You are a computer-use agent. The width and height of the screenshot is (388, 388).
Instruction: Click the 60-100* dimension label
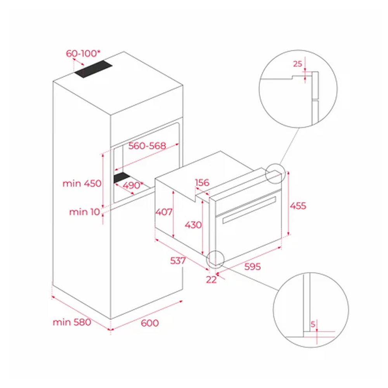pyautogui.click(x=83, y=54)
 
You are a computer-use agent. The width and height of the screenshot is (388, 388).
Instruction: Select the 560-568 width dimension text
pyautogui.click(x=147, y=146)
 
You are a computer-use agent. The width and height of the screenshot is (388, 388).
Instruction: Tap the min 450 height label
pyautogui.click(x=82, y=184)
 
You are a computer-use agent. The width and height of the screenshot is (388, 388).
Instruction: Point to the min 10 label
pyautogui.click(x=84, y=212)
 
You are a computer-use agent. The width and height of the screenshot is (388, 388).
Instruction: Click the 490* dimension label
pyautogui.click(x=133, y=185)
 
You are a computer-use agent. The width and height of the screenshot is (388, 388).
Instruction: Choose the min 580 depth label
pyautogui.click(x=72, y=322)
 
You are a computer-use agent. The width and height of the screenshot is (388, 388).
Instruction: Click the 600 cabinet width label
pyautogui.click(x=150, y=323)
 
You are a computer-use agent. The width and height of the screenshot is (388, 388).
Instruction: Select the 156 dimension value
pyautogui.click(x=202, y=183)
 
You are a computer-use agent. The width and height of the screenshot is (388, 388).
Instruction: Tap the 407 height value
pyautogui.click(x=164, y=212)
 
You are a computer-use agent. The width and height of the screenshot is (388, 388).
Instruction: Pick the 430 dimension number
pyautogui.click(x=193, y=225)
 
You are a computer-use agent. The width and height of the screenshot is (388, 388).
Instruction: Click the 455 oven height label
pyautogui.click(x=298, y=206)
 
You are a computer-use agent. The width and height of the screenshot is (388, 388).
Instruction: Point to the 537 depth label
pyautogui.click(x=178, y=261)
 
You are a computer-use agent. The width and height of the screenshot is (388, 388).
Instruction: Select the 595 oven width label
pyautogui.click(x=253, y=267)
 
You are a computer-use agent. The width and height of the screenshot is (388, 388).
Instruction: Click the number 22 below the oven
pyautogui.click(x=211, y=280)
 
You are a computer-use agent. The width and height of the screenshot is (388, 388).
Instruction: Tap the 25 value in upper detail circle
pyautogui.click(x=298, y=64)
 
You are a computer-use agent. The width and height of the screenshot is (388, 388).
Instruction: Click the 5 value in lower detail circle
pyautogui.click(x=313, y=324)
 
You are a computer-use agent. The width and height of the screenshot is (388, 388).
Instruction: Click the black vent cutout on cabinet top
pyautogui.click(x=94, y=69)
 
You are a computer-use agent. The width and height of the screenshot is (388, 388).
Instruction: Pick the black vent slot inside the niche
pyautogui.click(x=122, y=177)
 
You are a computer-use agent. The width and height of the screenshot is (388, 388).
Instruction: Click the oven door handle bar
pyautogui.click(x=249, y=210)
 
